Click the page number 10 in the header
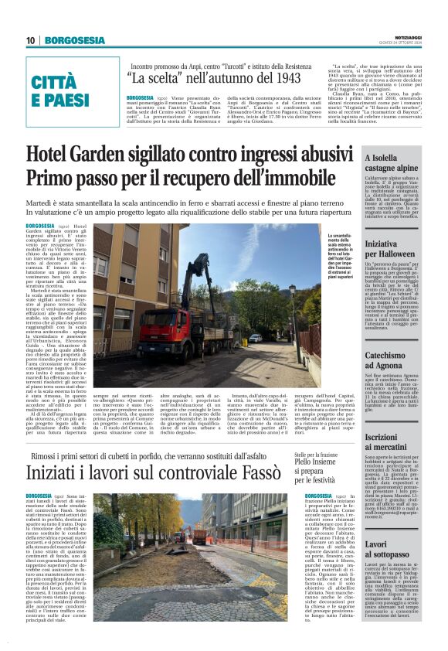pos(30,40)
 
